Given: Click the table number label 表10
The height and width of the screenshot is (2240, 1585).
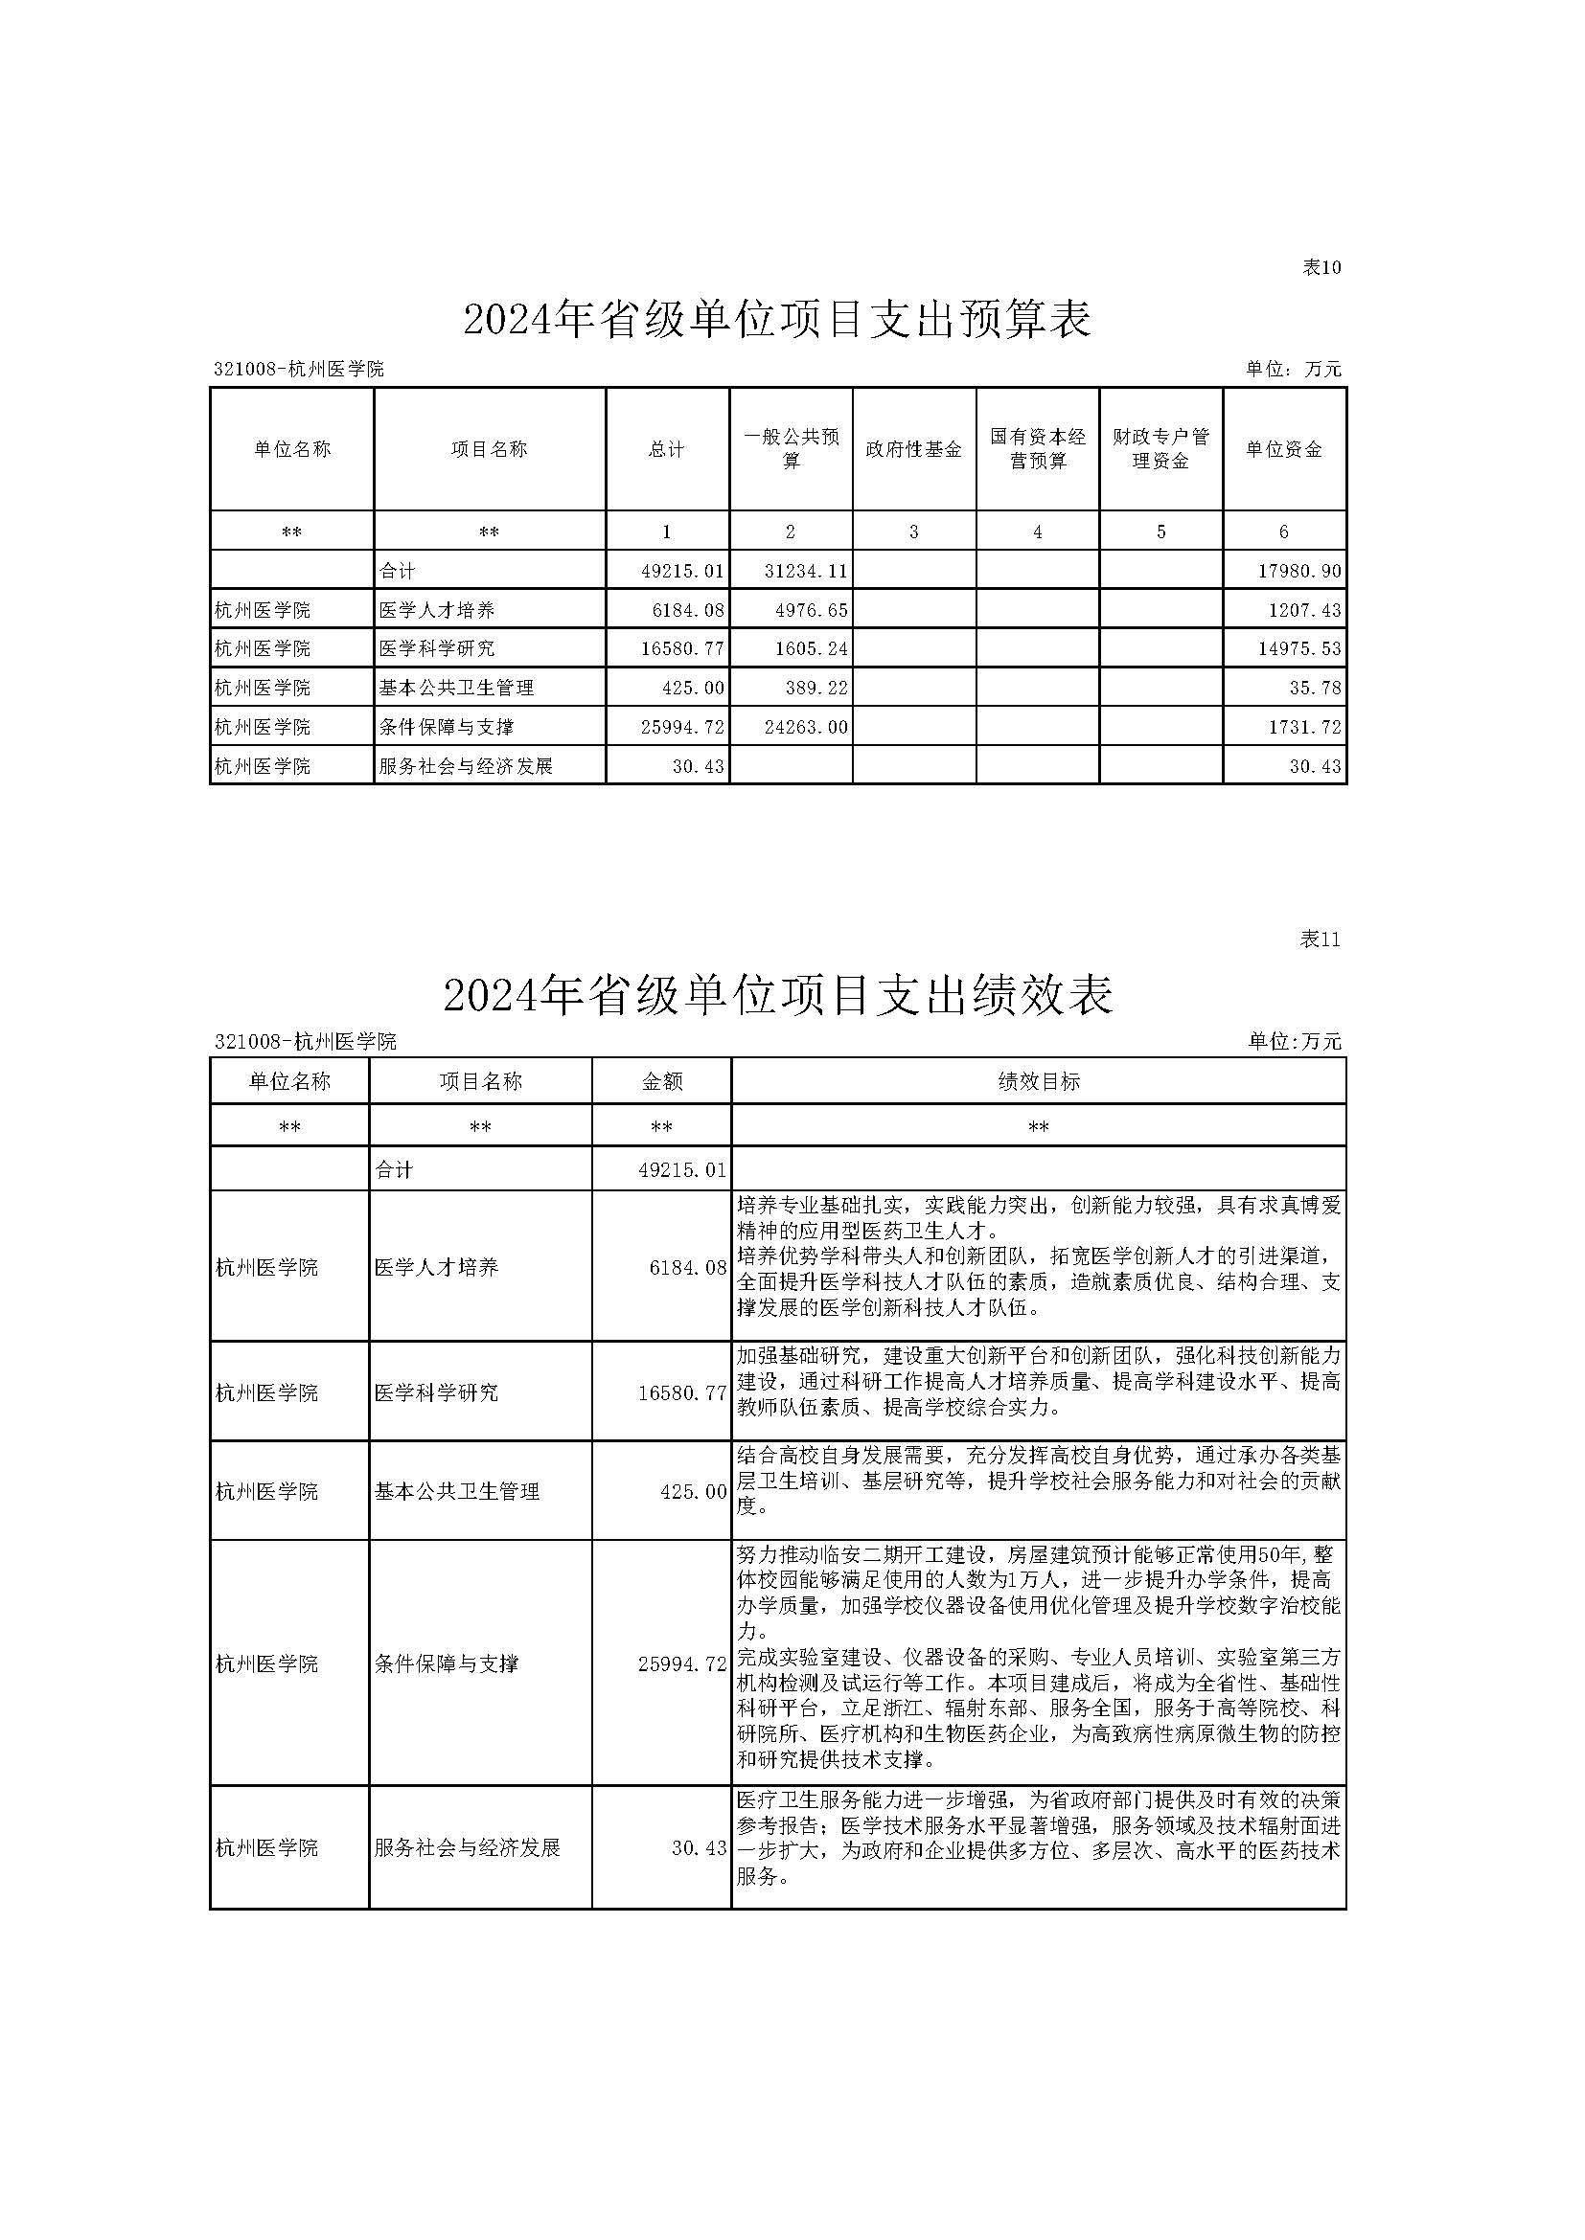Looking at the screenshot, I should click(1321, 267).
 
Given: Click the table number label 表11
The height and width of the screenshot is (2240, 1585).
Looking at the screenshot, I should click(1321, 939).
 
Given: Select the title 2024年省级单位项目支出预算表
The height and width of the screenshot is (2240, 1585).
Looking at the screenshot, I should click(777, 320).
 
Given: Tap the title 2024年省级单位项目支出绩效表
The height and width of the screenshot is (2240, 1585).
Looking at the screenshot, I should click(777, 995).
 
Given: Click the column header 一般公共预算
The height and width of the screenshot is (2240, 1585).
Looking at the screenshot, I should click(791, 449).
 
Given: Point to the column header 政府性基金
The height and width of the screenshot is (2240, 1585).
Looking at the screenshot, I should click(913, 449).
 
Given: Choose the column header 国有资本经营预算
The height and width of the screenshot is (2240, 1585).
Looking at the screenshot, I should click(1038, 449).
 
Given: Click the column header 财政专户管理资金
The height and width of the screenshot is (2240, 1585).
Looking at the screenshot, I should click(1160, 449).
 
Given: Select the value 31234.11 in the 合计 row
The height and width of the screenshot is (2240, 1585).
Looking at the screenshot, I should click(805, 571).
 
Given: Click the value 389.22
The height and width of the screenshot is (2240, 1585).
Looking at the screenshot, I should click(815, 688).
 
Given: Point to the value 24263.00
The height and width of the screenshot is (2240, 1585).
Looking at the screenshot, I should click(805, 727).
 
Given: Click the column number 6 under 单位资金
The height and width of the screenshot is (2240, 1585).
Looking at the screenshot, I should click(1283, 532).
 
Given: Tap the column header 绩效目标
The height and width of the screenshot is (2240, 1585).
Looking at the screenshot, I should click(1038, 1081).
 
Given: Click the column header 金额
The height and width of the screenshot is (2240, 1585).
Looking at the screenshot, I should click(661, 1081).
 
